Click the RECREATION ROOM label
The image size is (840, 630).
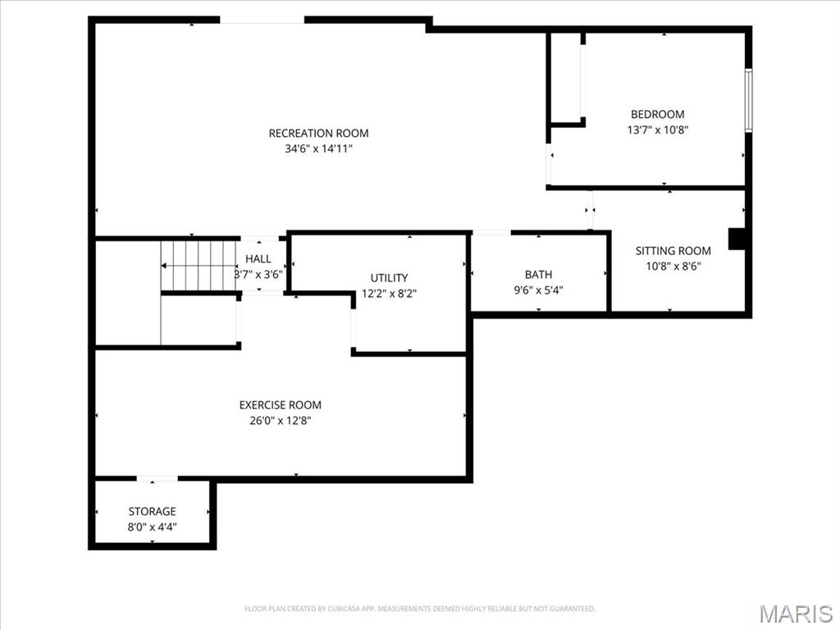pyautogui.click(x=318, y=133)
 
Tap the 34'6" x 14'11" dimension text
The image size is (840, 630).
pyautogui.click(x=318, y=148)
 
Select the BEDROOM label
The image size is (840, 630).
pyautogui.click(x=657, y=114)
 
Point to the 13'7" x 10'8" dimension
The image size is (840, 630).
pyautogui.click(x=657, y=129)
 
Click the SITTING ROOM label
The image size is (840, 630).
pyautogui.click(x=673, y=251)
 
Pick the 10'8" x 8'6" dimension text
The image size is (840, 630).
pyautogui.click(x=673, y=266)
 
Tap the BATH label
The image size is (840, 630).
pyautogui.click(x=538, y=274)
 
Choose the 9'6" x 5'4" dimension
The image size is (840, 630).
pyautogui.click(x=538, y=290)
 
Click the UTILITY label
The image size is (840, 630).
pyautogui.click(x=388, y=278)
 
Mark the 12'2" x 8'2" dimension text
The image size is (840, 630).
pyautogui.click(x=388, y=293)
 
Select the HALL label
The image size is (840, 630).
pyautogui.click(x=258, y=259)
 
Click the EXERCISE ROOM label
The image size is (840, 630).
pyautogui.click(x=280, y=404)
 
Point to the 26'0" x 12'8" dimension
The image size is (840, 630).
pyautogui.click(x=280, y=420)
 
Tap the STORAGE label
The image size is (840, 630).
pyautogui.click(x=152, y=511)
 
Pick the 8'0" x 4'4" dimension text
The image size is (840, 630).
pyautogui.click(x=152, y=527)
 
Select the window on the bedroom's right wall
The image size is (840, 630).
pyautogui.click(x=748, y=100)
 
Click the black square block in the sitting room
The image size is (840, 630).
pyautogui.click(x=737, y=238)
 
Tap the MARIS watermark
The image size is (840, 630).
pyautogui.click(x=795, y=614)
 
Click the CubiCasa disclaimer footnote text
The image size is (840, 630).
pyautogui.click(x=419, y=609)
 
